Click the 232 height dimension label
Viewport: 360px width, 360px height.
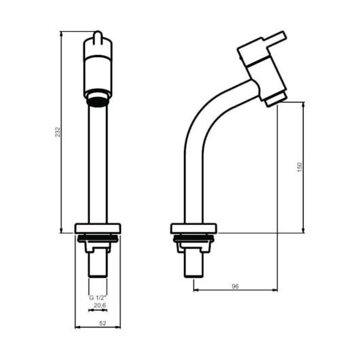tap(58, 132)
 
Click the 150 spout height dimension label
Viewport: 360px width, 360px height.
tap(300, 167)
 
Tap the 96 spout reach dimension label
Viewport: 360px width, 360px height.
tap(235, 286)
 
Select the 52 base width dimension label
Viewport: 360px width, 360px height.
tap(103, 323)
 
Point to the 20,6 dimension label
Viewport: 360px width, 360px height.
tap(100, 305)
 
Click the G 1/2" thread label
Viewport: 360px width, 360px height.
tap(98, 298)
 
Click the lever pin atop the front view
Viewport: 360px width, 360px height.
tap(98, 37)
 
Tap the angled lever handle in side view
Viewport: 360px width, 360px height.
tap(274, 37)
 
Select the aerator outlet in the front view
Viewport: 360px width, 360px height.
tap(98, 101)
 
